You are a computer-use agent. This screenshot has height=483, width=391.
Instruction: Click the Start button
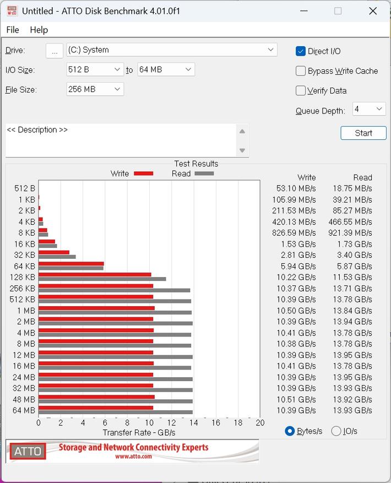(x=363, y=133)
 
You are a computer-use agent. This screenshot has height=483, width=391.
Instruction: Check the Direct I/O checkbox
(x=301, y=51)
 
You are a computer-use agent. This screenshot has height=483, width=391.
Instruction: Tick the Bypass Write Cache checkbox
(x=301, y=71)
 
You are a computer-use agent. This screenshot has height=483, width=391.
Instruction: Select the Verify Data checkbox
(x=301, y=91)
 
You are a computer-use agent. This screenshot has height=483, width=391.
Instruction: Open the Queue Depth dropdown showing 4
(x=369, y=109)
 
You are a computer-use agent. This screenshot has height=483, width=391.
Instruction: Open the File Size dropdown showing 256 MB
(x=95, y=89)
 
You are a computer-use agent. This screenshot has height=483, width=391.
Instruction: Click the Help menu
(x=39, y=30)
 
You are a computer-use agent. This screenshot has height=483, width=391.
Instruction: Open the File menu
(x=12, y=30)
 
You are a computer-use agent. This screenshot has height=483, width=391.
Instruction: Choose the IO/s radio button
(x=336, y=431)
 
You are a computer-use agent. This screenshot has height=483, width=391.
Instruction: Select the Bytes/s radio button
(x=290, y=431)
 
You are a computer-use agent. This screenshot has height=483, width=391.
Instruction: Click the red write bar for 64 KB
(x=71, y=264)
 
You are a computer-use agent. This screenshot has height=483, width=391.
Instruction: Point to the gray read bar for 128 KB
(x=102, y=279)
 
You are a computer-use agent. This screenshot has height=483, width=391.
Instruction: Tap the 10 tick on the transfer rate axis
(x=149, y=423)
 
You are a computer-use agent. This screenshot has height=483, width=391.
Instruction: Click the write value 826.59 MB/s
(x=294, y=233)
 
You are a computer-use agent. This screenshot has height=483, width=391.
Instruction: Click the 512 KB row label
(x=22, y=300)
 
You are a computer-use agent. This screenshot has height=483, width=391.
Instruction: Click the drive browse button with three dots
(x=54, y=51)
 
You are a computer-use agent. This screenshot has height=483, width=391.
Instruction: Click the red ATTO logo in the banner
(x=28, y=451)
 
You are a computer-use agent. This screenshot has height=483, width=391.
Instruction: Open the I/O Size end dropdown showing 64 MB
(x=166, y=69)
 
